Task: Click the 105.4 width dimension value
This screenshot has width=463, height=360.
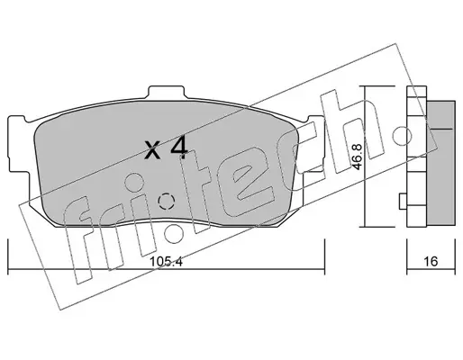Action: pos(166,261)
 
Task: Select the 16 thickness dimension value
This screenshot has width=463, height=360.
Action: pos(431,261)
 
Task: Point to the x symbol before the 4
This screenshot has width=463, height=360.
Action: pos(152,150)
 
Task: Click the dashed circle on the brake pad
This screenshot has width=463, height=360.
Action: pos(166,201)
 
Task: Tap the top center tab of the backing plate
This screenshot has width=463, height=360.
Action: pos(166,92)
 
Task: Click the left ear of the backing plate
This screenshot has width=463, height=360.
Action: pos(19,144)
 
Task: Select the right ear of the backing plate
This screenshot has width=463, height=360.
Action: pos(314,144)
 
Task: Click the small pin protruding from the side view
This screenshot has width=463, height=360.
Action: pos(403,201)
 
